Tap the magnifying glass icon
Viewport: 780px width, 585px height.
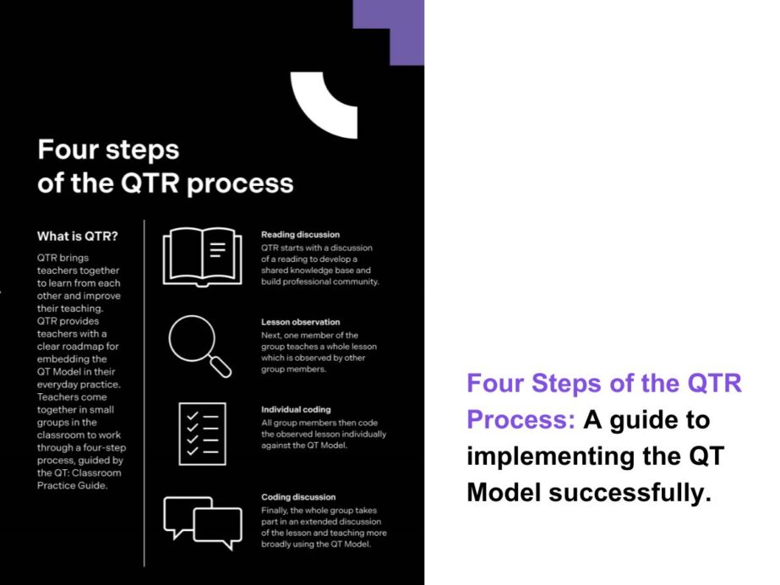[195, 341]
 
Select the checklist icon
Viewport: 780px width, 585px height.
[202, 433]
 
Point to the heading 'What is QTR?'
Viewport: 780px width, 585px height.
[78, 236]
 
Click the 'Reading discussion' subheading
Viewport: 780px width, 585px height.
[300, 234]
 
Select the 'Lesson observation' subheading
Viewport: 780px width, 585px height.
[300, 322]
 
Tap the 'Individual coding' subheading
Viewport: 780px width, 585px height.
[295, 409]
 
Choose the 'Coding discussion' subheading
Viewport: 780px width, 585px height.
[298, 497]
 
